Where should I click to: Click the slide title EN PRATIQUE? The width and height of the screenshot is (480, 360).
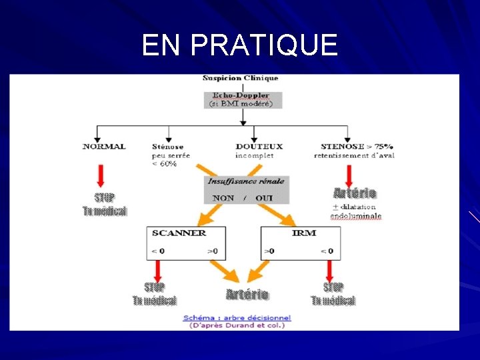(240, 45)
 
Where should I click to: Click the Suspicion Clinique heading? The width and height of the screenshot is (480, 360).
(241, 79)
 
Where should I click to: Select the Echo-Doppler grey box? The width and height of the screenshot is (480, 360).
(243, 99)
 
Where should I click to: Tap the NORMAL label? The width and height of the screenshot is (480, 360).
(104, 147)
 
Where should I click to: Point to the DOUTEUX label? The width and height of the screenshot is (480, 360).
(259, 147)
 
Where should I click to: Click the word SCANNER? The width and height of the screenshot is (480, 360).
(179, 233)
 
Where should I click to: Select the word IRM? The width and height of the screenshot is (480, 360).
(303, 233)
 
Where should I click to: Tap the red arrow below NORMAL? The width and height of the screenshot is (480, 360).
(101, 175)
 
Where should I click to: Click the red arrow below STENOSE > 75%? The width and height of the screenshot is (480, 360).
(349, 175)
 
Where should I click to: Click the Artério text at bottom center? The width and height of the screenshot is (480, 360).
(247, 295)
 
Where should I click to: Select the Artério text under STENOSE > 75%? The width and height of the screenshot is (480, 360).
(355, 193)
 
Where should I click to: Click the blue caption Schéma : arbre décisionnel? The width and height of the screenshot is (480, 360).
(237, 318)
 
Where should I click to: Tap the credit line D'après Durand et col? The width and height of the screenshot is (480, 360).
(237, 325)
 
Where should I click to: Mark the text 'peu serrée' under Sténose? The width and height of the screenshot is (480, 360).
(171, 155)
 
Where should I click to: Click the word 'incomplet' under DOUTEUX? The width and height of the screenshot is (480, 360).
(255, 155)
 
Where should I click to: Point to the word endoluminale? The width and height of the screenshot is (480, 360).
(356, 216)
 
